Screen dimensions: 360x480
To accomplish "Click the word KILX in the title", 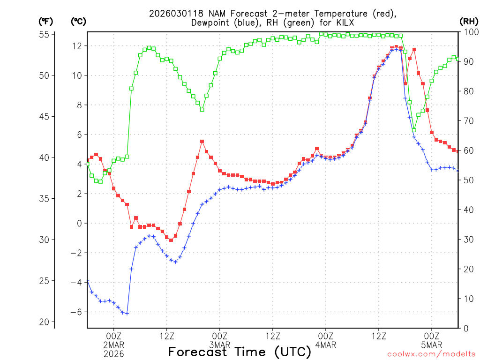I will point(344,23).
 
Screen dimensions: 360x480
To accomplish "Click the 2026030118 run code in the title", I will point(172,14).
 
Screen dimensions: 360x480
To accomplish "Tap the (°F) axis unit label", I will point(46,22).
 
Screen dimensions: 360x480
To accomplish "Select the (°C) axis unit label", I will point(78,22).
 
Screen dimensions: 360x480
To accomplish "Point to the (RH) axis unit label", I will point(469,22).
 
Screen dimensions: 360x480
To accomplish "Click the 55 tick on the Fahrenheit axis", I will point(45,34).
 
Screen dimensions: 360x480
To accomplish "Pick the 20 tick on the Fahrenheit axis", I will point(45,322).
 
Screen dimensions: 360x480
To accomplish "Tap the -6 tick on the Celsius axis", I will point(75,312).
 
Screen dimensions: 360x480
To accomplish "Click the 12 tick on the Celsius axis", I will point(76,46).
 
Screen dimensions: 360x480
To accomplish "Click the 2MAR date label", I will point(114,345).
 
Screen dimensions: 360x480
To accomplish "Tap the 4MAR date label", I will point(326,345).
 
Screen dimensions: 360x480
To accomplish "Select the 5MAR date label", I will point(432,345).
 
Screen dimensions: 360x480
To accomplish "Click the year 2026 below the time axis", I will point(114,354).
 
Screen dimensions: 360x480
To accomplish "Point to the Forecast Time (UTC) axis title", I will point(240,352).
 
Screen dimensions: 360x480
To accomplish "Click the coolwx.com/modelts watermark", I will point(431,354).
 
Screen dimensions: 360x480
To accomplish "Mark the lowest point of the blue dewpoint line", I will point(127,314).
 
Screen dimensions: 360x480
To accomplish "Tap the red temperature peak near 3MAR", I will point(202,141).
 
